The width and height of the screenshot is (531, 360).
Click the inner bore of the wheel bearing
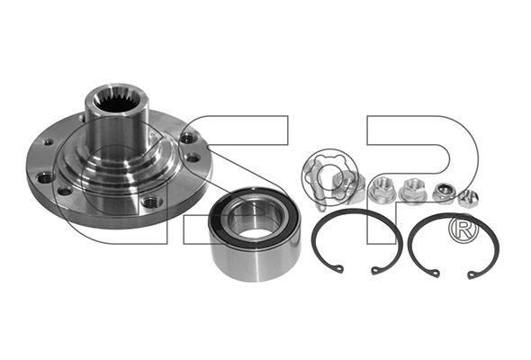pos(253,222)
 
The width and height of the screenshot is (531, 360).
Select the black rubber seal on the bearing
pos(254,217)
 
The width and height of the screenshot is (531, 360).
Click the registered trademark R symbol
pos(463,229)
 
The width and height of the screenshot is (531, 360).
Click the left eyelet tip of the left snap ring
pos(338,270)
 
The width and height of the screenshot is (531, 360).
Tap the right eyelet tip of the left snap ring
pos(375,270)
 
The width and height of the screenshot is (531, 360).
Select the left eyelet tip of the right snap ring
pos(436,274)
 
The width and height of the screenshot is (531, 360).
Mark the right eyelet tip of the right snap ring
pos(472,275)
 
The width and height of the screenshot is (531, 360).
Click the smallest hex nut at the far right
pos(467,199)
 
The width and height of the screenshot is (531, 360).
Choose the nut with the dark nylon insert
pos(444,193)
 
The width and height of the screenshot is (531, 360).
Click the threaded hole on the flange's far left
pos(45,177)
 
